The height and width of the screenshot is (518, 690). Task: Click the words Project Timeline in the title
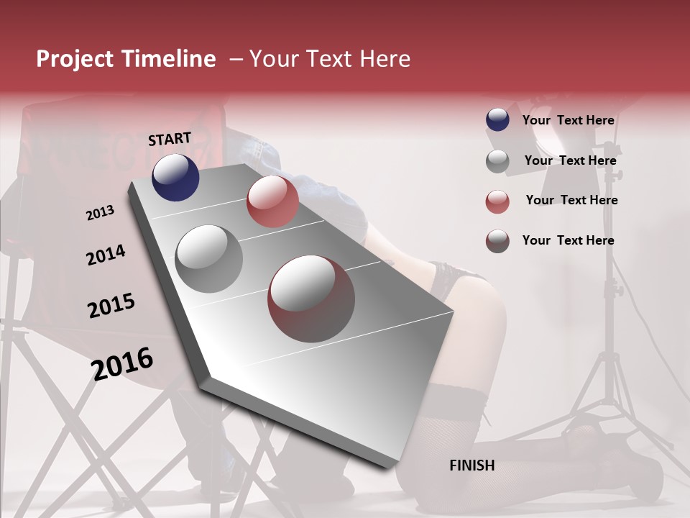tap(126, 59)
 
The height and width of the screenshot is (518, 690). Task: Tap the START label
tap(170, 139)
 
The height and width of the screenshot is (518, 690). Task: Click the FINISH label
tap(471, 465)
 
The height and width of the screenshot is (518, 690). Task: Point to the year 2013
tap(100, 212)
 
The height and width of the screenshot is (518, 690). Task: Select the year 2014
tap(106, 255)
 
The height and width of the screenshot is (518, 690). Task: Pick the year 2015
tap(111, 306)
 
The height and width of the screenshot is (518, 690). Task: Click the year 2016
tap(122, 363)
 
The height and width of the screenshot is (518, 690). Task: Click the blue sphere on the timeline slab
tap(175, 177)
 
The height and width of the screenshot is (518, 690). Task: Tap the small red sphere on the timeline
tap(272, 201)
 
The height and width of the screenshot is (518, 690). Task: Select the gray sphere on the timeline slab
tap(208, 259)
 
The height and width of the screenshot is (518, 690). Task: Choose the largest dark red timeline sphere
tap(311, 299)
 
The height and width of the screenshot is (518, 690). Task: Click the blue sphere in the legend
tap(497, 119)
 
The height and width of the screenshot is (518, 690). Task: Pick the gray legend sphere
tap(497, 161)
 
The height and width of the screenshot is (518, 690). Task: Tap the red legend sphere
tap(497, 201)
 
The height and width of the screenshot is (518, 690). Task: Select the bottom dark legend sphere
tap(497, 241)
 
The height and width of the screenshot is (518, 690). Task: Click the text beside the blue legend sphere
tap(568, 120)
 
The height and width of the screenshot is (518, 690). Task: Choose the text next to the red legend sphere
tap(571, 200)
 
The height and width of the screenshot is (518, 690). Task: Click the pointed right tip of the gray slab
tap(451, 313)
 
